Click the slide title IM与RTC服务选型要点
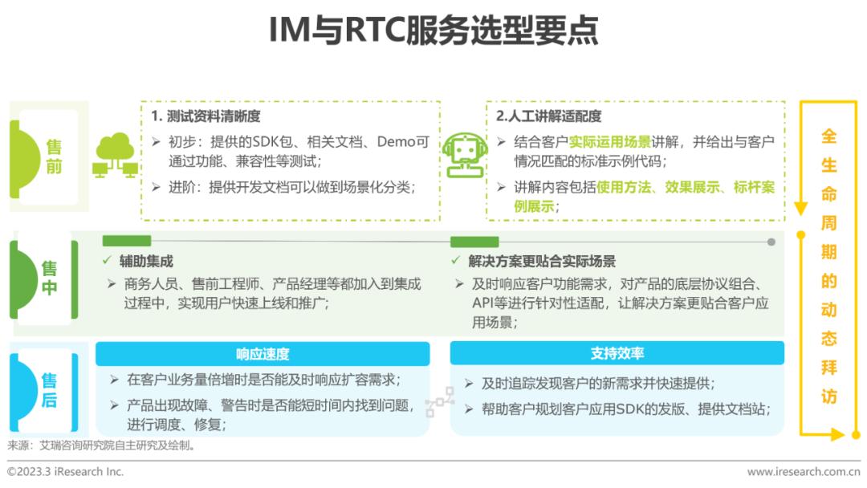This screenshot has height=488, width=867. tap(433, 31)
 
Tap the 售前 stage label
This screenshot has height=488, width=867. tap(54, 157)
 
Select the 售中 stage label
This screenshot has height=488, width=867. tap(50, 278)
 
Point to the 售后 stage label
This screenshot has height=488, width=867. tap(50, 390)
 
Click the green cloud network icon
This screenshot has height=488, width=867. tap(116, 156)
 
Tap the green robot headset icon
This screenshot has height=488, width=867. tap(465, 154)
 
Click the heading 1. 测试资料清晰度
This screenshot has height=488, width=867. tap(206, 116)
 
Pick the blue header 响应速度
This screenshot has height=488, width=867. tap(263, 354)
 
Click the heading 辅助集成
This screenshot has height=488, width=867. tap(146, 261)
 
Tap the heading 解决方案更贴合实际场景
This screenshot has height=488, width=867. tap(542, 261)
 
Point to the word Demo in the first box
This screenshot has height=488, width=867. tap(397, 142)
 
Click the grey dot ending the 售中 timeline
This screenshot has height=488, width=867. tap(771, 242)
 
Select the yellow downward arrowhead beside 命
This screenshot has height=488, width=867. tap(800, 209)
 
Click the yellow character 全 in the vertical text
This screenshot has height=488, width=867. tap(828, 136)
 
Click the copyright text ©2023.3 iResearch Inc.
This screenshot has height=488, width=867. tap(66, 472)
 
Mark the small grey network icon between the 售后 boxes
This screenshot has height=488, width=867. tap(440, 402)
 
